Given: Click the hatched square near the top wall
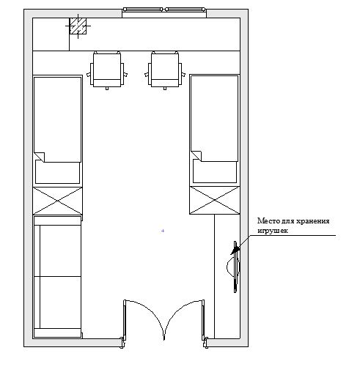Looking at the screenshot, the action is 78,26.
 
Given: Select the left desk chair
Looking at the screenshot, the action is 107,70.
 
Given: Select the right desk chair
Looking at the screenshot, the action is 165,70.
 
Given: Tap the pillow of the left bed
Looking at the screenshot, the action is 58,173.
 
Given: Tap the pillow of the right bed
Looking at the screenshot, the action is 215,172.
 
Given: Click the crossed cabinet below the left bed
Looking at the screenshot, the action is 57,201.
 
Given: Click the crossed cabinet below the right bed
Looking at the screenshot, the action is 215,200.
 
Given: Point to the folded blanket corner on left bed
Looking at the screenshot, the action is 40,157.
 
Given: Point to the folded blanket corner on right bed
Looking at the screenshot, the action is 196,156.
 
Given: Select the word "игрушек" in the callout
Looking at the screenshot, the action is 273,231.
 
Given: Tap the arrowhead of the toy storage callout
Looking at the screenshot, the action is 235,250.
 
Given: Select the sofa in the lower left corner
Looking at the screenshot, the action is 57,277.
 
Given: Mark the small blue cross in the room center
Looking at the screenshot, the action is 163,231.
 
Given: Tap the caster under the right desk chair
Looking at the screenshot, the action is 165,89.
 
